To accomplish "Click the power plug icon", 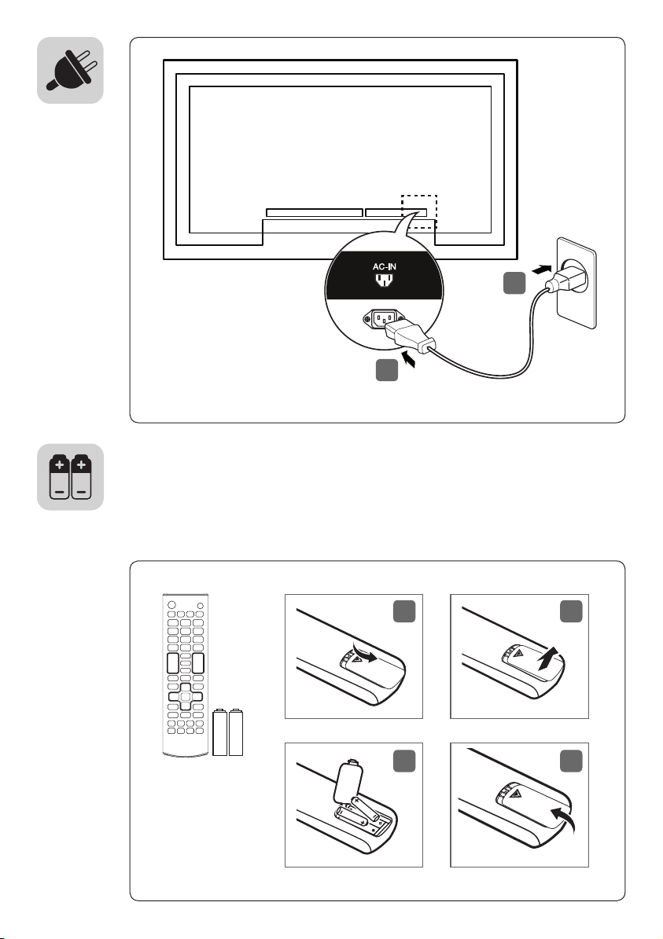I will tap(70, 70).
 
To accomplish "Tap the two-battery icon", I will tap(71, 477).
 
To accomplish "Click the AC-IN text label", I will tap(385, 267).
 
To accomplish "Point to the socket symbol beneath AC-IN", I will tap(385, 281).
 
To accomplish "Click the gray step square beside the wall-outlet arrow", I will tap(514, 284).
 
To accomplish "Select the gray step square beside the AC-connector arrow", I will tap(387, 371).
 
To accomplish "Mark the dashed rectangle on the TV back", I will tap(418, 211).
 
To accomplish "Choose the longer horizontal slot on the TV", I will tap(314, 212).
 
